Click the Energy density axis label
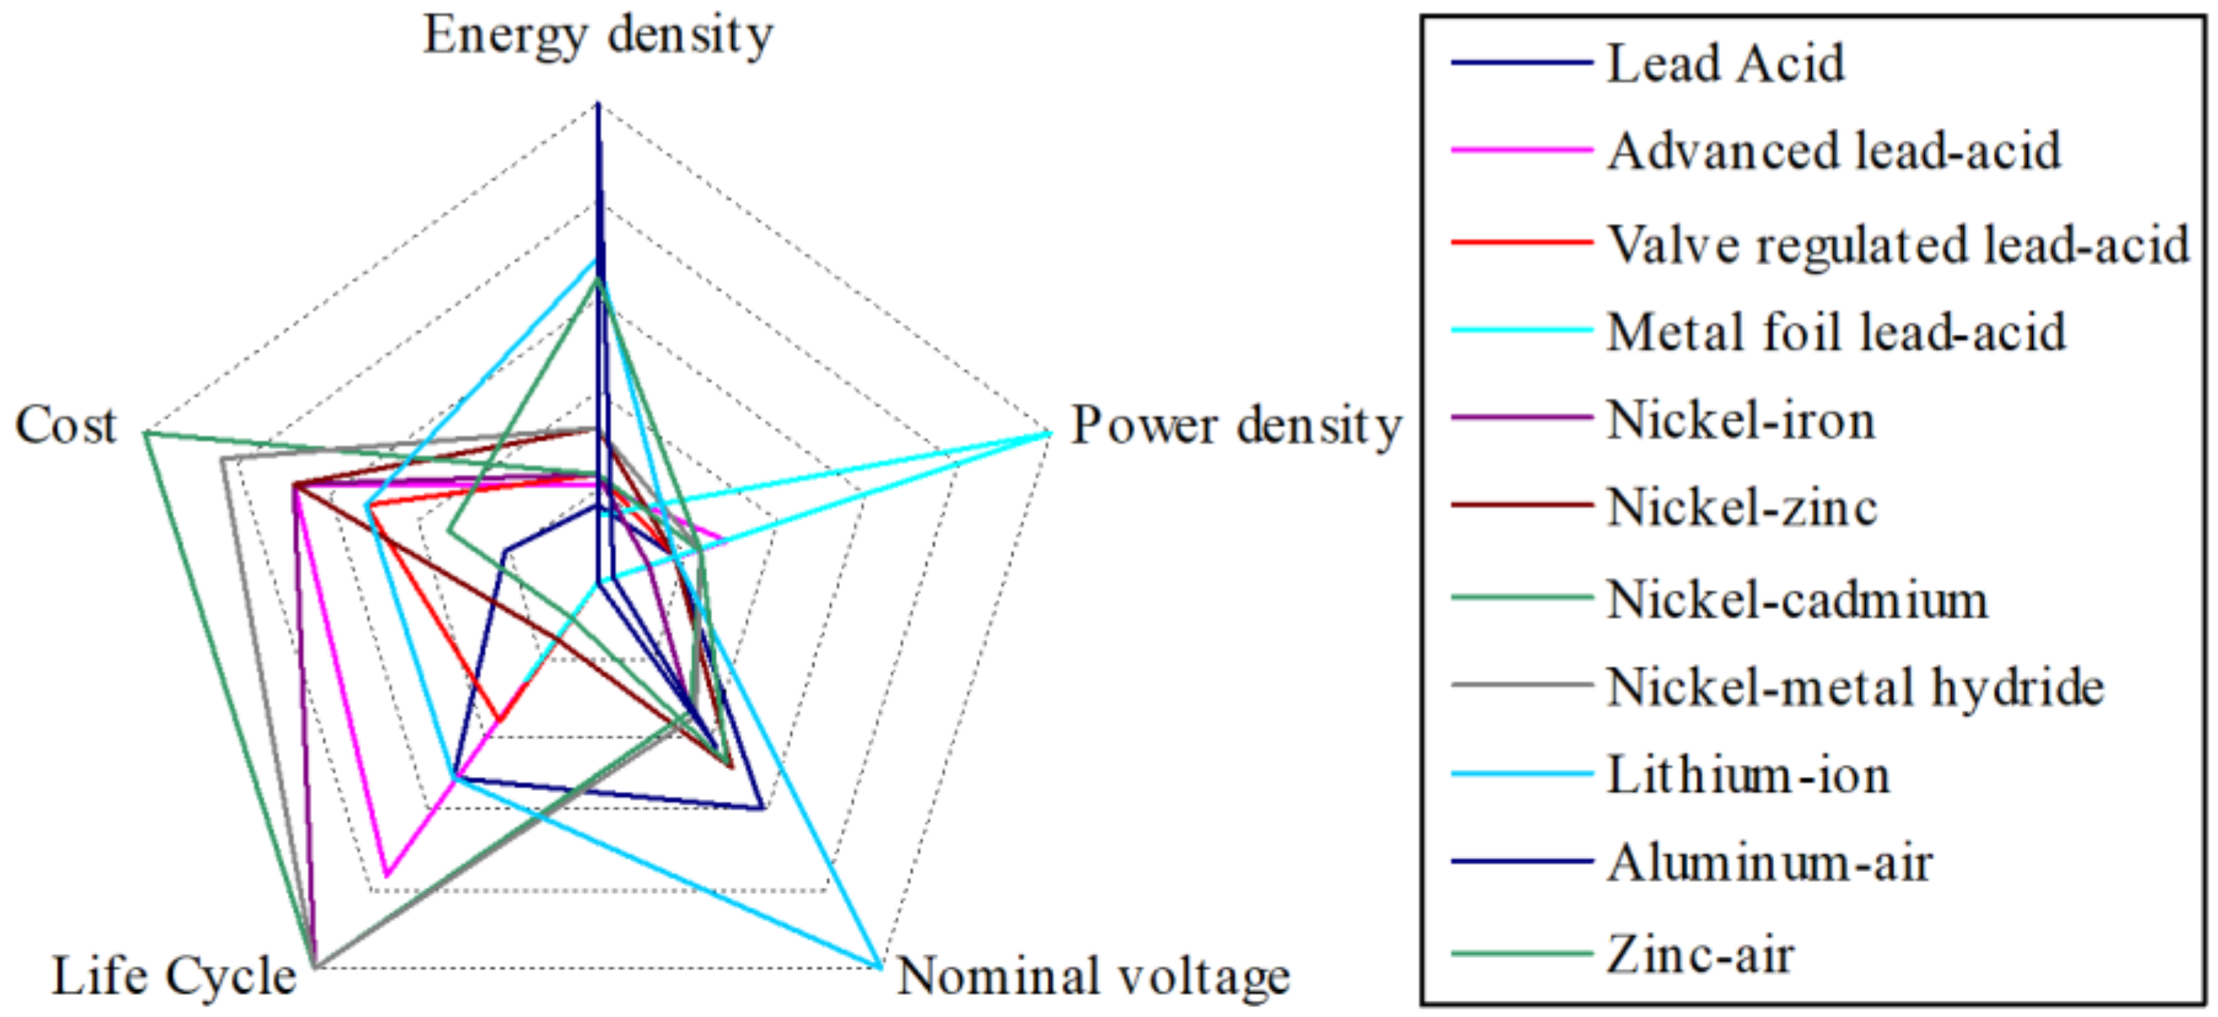(x=599, y=36)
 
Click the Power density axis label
(x=1236, y=427)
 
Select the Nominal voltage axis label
(x=1094, y=977)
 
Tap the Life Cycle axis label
(x=174, y=977)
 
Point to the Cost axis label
(x=66, y=426)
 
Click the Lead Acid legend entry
(x=1725, y=64)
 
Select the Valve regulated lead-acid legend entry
(x=1898, y=245)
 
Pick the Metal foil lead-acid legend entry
(x=1836, y=332)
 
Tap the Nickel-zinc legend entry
(x=1741, y=507)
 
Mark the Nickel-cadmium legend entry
(x=1797, y=599)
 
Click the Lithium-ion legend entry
(x=1748, y=775)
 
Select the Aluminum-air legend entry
(x=1769, y=863)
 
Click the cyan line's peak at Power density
(x=1050, y=432)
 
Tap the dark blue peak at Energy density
(x=598, y=105)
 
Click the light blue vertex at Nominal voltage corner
(x=879, y=966)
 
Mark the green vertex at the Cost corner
(x=147, y=432)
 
